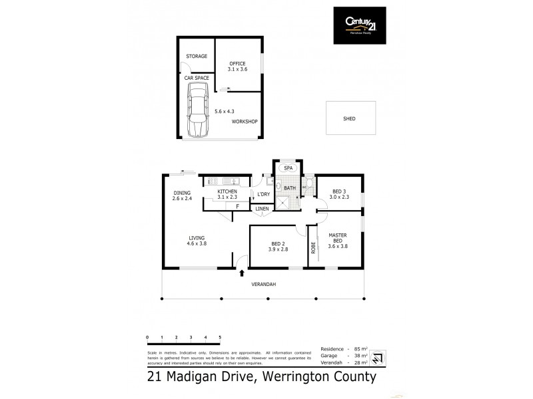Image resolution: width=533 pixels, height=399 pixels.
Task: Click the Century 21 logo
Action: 359,25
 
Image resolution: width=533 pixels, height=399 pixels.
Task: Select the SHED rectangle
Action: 349,118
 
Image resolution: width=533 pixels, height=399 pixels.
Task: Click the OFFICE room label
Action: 238,64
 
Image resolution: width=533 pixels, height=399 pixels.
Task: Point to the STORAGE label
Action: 196,57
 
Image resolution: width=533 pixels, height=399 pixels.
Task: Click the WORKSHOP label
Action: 244,122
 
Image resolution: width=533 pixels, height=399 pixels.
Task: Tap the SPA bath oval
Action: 288,169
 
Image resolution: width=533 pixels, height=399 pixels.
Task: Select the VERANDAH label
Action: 263,284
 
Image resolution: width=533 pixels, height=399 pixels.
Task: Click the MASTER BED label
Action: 338,237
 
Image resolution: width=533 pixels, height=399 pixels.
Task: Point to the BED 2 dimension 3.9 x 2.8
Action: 278,250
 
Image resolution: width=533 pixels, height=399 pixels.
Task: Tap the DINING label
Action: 182,193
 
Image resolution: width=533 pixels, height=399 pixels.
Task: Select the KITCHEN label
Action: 227,192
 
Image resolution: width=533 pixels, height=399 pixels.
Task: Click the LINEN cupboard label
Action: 263,209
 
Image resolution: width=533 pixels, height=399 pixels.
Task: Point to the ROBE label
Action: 313,247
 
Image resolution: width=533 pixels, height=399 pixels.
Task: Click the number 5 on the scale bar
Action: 219,338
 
